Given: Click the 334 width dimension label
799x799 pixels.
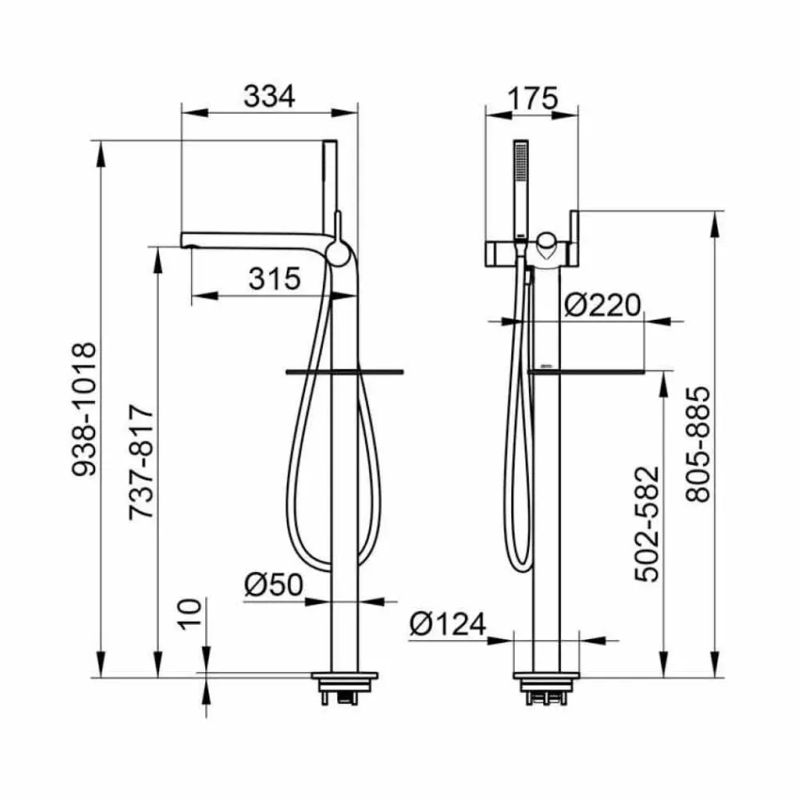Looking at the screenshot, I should [x=270, y=97].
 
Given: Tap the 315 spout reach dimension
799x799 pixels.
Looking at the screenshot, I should [x=274, y=278].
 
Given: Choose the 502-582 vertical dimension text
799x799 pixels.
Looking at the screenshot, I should [x=648, y=523].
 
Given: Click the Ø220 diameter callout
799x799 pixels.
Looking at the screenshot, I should [x=602, y=304].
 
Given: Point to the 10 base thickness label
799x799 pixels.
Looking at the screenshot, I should [x=190, y=616].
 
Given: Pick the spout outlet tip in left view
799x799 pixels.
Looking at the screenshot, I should [x=188, y=241].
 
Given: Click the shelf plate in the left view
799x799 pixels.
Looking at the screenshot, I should [x=345, y=370].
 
